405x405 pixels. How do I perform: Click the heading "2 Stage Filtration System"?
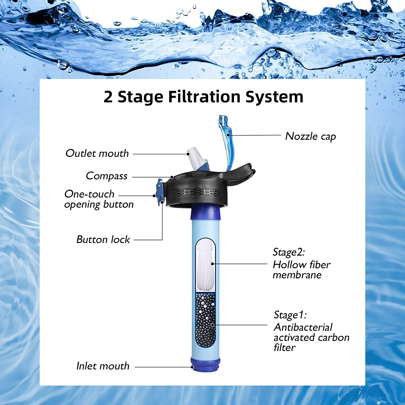(x=203, y=97)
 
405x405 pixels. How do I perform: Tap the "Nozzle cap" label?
(x=310, y=136)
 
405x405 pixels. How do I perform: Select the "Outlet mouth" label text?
(x=97, y=153)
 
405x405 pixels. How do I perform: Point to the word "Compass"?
(x=107, y=176)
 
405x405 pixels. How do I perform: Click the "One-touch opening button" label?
(x=99, y=199)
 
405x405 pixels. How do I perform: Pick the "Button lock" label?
(x=103, y=239)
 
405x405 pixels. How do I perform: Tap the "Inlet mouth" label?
(x=103, y=366)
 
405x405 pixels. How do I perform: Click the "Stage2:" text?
(x=289, y=252)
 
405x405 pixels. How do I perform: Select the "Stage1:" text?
(x=290, y=315)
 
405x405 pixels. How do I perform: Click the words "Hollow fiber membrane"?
(x=301, y=270)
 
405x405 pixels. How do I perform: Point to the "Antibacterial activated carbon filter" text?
(x=311, y=337)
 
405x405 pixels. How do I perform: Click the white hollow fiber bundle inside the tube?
(x=205, y=266)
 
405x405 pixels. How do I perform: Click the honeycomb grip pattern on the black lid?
(x=197, y=192)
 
